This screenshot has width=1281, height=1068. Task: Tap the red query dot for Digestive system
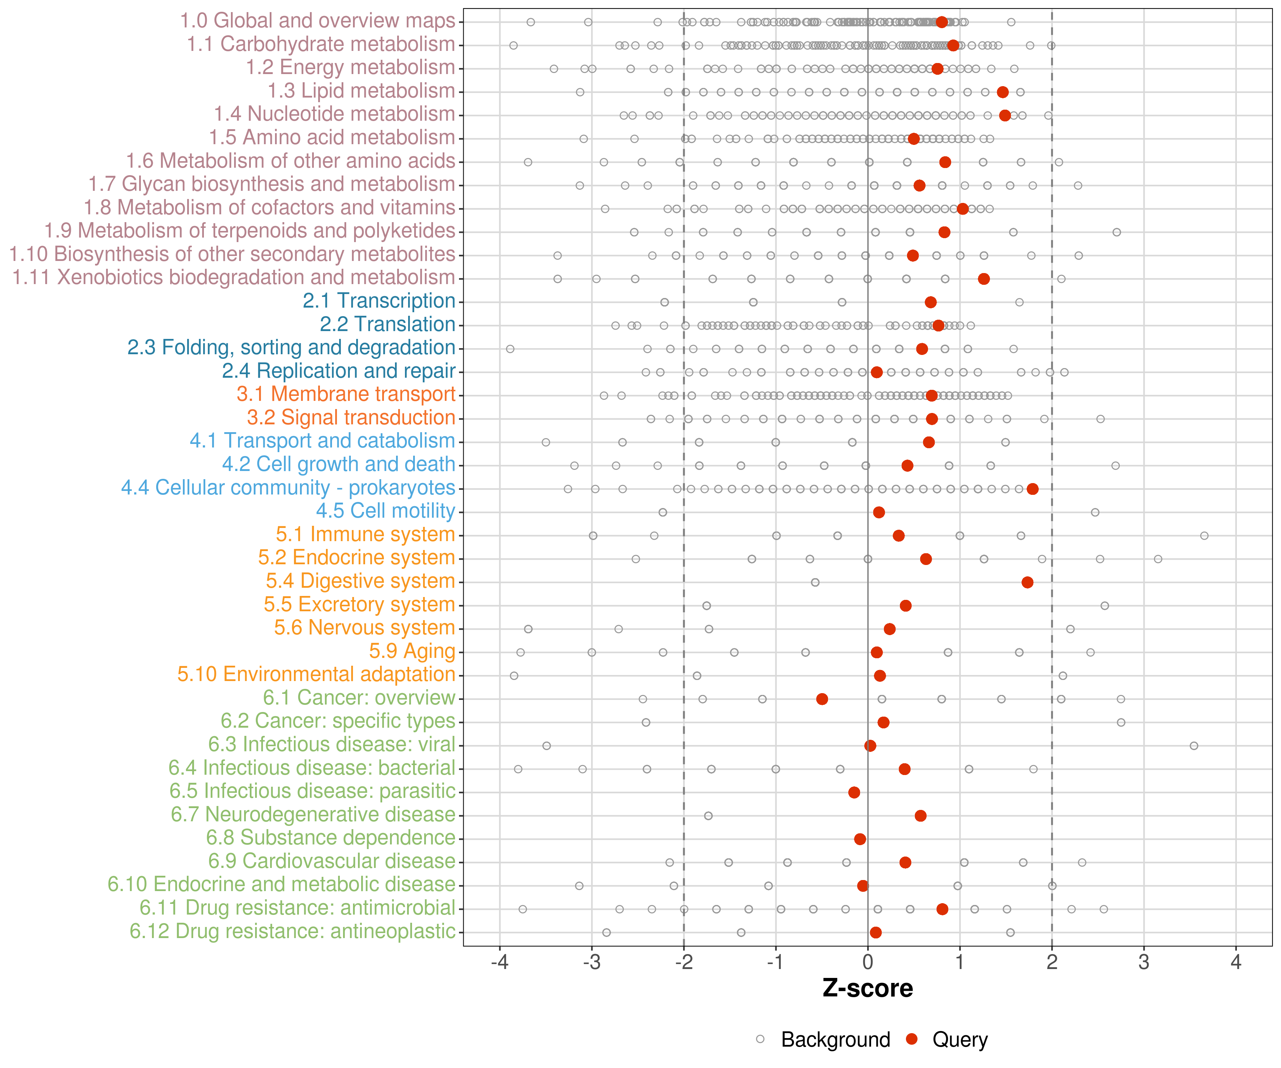(x=1027, y=582)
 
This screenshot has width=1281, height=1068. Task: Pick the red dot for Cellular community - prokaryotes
(x=1032, y=489)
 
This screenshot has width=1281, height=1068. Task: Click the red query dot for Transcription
(x=930, y=302)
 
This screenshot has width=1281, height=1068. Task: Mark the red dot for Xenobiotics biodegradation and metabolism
(x=983, y=279)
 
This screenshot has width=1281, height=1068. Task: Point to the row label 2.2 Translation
(x=388, y=324)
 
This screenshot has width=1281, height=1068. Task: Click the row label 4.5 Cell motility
(x=385, y=511)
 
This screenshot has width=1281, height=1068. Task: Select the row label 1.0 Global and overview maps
(x=317, y=21)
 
